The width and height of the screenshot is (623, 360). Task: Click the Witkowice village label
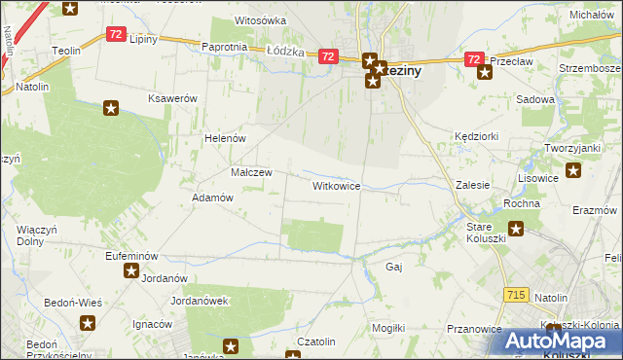click(x=337, y=185)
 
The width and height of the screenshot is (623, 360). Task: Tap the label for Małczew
click(x=251, y=172)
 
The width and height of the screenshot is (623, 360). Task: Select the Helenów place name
click(x=223, y=138)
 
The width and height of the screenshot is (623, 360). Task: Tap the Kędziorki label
click(x=476, y=138)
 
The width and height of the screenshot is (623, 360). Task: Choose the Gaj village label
click(x=394, y=266)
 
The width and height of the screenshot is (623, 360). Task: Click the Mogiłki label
click(x=387, y=328)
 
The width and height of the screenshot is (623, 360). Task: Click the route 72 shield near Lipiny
click(x=116, y=34)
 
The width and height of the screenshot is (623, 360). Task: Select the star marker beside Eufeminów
click(x=130, y=270)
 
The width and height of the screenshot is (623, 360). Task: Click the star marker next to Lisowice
click(x=573, y=172)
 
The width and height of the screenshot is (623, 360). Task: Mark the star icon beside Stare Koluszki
click(x=516, y=230)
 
